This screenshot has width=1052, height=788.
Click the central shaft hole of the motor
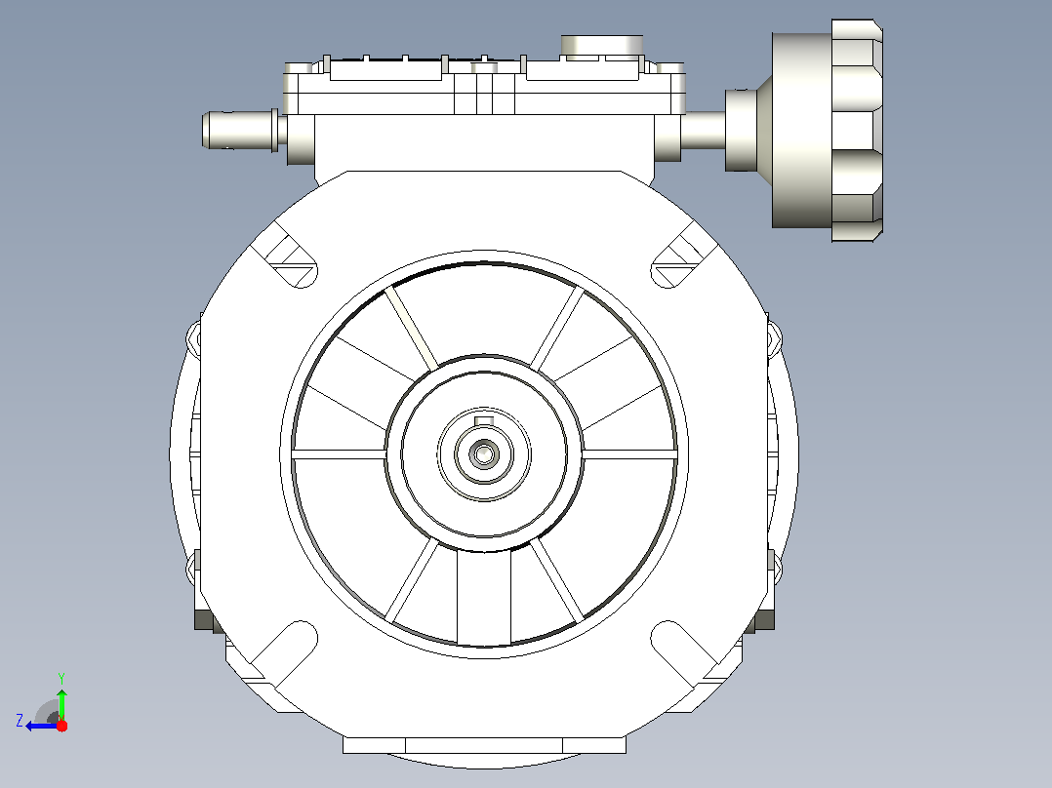click(x=484, y=454)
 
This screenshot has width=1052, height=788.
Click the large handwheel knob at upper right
click(x=857, y=130)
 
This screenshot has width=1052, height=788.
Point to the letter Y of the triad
click(x=61, y=678)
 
